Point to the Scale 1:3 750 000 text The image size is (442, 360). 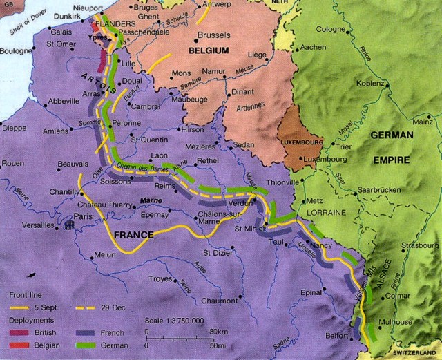(x=175, y=322)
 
